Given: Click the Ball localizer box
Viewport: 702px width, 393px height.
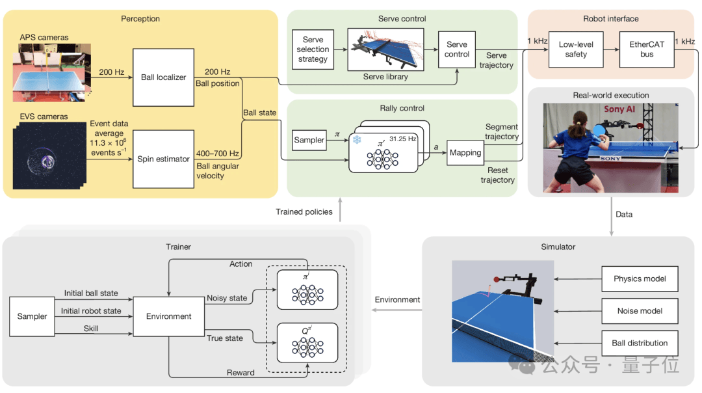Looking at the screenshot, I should point(163,77).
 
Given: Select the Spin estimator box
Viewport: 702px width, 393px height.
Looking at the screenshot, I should point(163,158).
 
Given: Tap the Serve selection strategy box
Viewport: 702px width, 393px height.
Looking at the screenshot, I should point(313,49).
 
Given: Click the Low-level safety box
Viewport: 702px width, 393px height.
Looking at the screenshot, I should point(575,49).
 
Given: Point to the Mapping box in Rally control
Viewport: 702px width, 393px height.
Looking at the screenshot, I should point(465,153).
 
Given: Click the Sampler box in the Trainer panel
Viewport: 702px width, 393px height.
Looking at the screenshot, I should point(32,316).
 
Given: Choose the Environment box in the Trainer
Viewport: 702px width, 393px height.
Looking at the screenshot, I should point(168,316).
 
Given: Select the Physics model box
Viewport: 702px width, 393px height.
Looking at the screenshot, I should point(640,279).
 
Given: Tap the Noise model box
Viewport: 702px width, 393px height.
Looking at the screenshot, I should point(640,311).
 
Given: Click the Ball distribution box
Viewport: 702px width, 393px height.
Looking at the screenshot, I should point(640,343).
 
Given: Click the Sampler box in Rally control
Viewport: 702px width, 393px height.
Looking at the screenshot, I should point(309,140).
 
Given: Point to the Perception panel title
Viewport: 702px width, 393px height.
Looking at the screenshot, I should point(140,19).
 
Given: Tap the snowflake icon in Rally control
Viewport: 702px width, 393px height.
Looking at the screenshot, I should point(356,141).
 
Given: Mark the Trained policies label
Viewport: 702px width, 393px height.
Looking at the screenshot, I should point(304,211).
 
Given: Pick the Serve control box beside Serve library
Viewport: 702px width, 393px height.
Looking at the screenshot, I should point(457,49).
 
